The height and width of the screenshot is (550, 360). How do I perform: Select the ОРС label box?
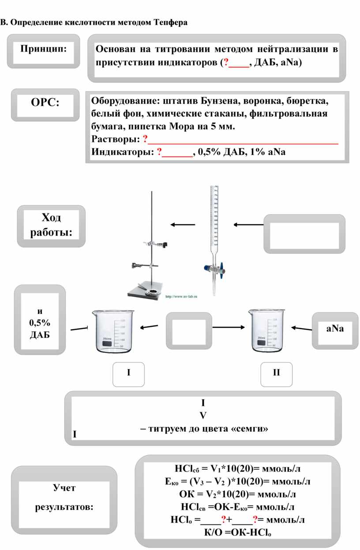pyautogui.click(x=45, y=105)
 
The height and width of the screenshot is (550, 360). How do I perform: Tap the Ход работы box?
pyautogui.click(x=51, y=225)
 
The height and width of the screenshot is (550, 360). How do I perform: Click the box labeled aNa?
pyautogui.click(x=335, y=329)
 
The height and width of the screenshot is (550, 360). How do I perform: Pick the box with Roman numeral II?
pyautogui.click(x=276, y=373)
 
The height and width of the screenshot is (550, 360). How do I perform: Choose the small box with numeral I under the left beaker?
pyautogui.click(x=129, y=373)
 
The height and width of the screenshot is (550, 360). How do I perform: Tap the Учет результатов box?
pyautogui.click(x=64, y=498)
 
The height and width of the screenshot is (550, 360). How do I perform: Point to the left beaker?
pyautogui.click(x=113, y=331)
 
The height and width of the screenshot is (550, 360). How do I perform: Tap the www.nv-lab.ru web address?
pyautogui.click(x=181, y=296)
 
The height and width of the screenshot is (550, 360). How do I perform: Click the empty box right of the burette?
pyautogui.click(x=304, y=234)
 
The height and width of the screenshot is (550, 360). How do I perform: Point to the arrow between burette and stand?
pyautogui.click(x=183, y=225)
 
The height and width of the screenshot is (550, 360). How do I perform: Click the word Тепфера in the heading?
pyautogui.click(x=170, y=22)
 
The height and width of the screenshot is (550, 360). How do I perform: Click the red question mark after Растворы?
pyautogui.click(x=145, y=140)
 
